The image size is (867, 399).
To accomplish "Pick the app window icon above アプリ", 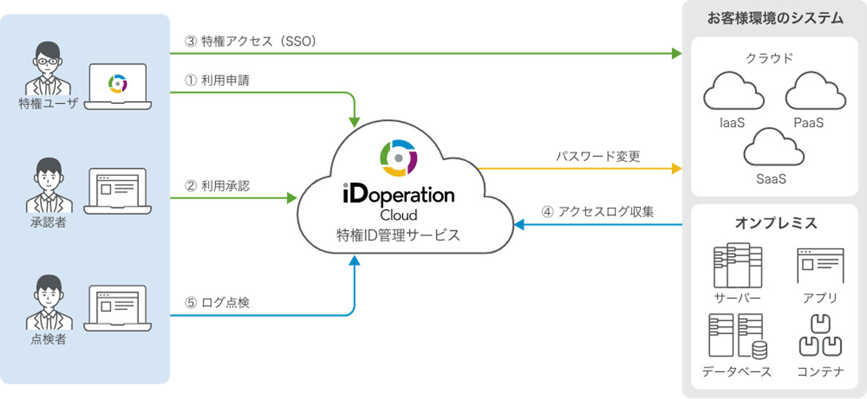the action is pyautogui.click(x=820, y=266).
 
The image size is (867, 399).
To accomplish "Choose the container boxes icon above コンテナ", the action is pyautogui.click(x=820, y=336).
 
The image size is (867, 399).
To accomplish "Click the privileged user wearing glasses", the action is pyautogui.click(x=48, y=69).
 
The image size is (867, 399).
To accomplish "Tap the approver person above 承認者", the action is pyautogui.click(x=49, y=185).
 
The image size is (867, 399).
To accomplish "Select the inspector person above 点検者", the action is pyautogui.click(x=49, y=302).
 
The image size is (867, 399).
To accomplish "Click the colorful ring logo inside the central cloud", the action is pyautogui.click(x=398, y=158).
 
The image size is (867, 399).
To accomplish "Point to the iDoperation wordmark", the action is pyautogui.click(x=399, y=193).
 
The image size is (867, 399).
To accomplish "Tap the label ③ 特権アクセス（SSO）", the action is pyautogui.click(x=251, y=41).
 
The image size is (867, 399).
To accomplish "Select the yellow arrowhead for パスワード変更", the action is pyautogui.click(x=676, y=169).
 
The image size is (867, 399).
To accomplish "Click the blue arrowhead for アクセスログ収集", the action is pyautogui.click(x=519, y=224).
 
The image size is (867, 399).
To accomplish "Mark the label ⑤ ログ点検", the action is pyautogui.click(x=217, y=302).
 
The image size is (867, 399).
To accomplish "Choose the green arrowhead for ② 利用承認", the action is pyautogui.click(x=292, y=198).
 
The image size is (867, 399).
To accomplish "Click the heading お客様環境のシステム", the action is pyautogui.click(x=775, y=18).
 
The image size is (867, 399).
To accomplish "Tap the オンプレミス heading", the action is pyautogui.click(x=776, y=223).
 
